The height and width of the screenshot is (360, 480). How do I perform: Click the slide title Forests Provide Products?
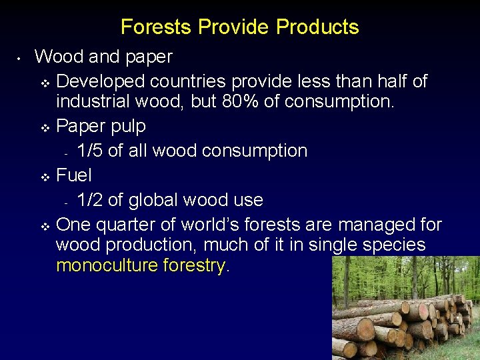click(240, 27)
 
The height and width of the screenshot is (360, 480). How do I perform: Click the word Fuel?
click(74, 175)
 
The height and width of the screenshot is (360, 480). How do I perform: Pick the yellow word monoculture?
click(107, 266)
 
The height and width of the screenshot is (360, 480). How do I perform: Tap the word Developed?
click(101, 81)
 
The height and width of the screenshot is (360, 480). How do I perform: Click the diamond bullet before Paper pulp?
click(45, 127)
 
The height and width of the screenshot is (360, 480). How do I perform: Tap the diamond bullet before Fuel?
click(45, 177)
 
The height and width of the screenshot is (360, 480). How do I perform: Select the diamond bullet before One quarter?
click(45, 226)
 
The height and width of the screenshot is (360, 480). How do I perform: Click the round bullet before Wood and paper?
click(21, 59)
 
